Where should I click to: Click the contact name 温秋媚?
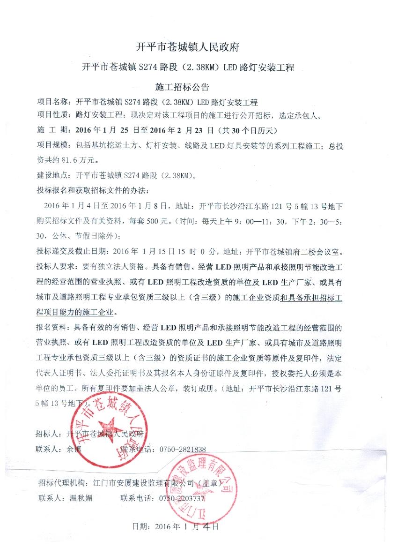(81, 498)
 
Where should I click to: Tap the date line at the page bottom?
(176, 526)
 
